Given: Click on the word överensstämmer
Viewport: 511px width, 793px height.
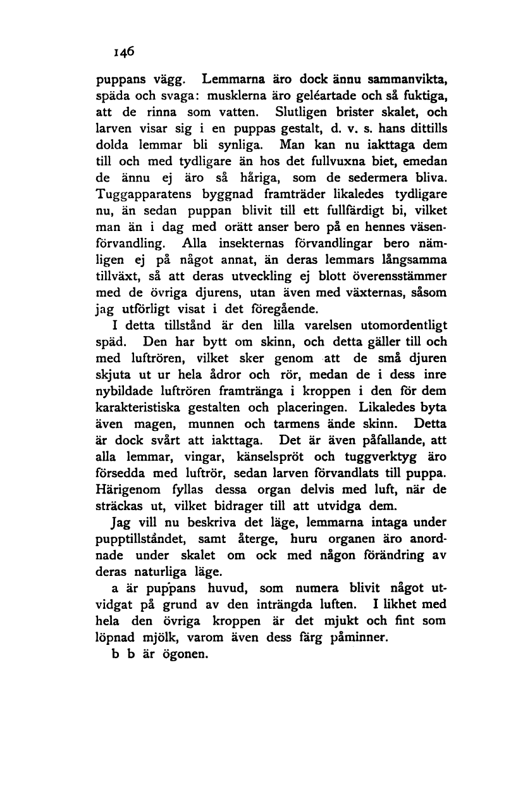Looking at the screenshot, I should pyautogui.click(x=393, y=278).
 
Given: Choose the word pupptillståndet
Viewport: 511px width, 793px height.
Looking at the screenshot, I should pyautogui.click(x=149, y=540).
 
